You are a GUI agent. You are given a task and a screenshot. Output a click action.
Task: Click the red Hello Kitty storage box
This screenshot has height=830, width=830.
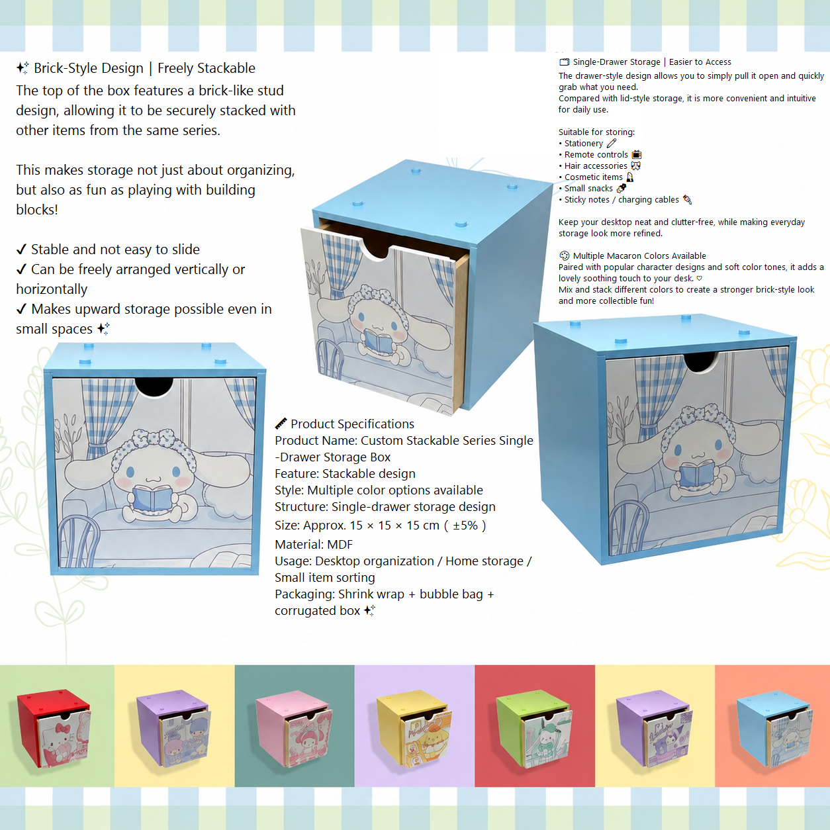[54, 728]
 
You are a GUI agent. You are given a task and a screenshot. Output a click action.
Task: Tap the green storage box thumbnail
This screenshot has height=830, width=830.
[534, 728]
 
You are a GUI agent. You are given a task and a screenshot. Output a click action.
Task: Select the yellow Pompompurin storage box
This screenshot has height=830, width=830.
[414, 728]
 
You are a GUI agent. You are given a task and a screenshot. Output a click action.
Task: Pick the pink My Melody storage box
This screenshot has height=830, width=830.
[294, 728]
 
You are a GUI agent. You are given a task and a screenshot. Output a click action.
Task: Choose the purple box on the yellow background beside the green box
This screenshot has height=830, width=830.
[654, 728]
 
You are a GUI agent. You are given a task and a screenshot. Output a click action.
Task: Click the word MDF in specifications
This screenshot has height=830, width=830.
[340, 545]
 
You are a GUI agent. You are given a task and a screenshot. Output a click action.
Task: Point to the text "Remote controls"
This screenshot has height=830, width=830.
[596, 155]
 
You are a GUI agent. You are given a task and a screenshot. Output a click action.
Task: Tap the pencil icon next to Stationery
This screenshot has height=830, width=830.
[612, 143]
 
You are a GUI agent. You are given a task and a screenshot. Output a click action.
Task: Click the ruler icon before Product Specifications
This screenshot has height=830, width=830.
[281, 424]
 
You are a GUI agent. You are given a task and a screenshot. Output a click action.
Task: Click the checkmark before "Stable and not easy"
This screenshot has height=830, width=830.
[21, 250]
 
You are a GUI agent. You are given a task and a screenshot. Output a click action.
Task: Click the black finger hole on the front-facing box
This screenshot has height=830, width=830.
[154, 387]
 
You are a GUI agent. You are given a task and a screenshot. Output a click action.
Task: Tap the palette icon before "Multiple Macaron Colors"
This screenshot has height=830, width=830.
[564, 255]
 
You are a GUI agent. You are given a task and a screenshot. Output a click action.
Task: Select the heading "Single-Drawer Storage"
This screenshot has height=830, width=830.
[616, 62]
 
